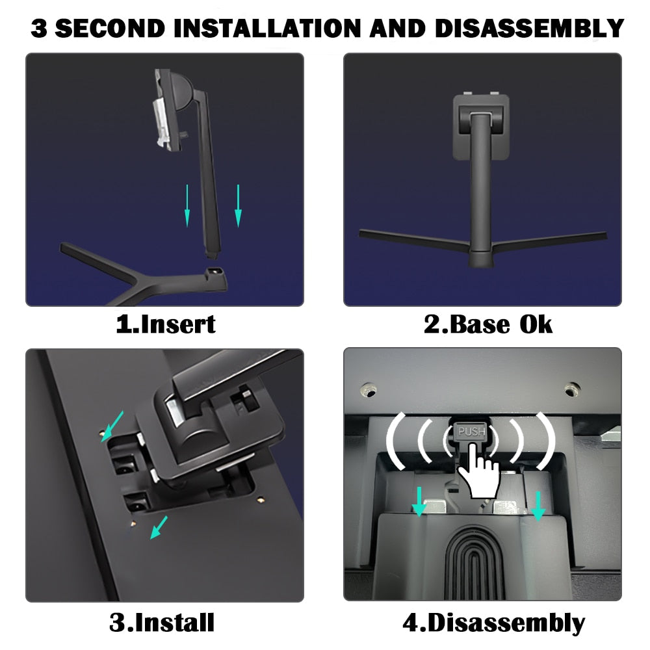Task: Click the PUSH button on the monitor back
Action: pyautogui.click(x=471, y=432)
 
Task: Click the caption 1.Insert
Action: pyautogui.click(x=165, y=324)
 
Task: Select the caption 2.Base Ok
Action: pyautogui.click(x=488, y=324)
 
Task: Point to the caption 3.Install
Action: pyautogui.click(x=162, y=622)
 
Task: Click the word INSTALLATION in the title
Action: pyautogui.click(x=267, y=28)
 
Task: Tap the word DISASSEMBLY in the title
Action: pyautogui.click(x=529, y=28)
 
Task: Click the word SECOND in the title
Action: pyautogui.click(x=110, y=28)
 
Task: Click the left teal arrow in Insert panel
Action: pyautogui.click(x=187, y=205)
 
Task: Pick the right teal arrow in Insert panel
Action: pyautogui.click(x=238, y=205)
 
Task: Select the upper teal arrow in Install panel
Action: pyautogui.click(x=112, y=426)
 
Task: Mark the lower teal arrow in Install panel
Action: pyautogui.click(x=159, y=527)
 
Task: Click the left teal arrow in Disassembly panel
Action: pyautogui.click(x=419, y=501)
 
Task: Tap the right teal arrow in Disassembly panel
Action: pyautogui.click(x=538, y=506)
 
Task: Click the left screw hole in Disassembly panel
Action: pyautogui.click(x=368, y=391)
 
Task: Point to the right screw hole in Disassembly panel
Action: pyautogui.click(x=573, y=389)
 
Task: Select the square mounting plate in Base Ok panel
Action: pyautogui.click(x=481, y=127)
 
